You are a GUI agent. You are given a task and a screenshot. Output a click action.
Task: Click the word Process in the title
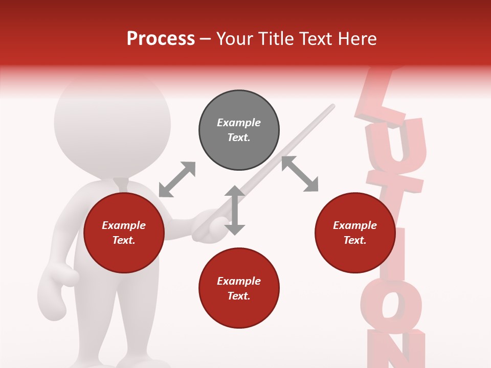[161, 39]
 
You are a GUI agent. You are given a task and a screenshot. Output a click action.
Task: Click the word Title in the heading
[277, 39]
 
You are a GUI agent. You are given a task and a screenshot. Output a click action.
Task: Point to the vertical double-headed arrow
[235, 210]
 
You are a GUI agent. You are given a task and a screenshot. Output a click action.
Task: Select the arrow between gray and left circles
[177, 179]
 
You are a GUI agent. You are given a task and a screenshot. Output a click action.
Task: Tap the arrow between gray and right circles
[300, 174]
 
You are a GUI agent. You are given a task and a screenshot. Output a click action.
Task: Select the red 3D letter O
[391, 307]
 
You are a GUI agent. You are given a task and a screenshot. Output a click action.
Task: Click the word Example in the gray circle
[239, 123]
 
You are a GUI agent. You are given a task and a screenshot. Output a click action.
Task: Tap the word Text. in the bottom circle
[239, 296]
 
